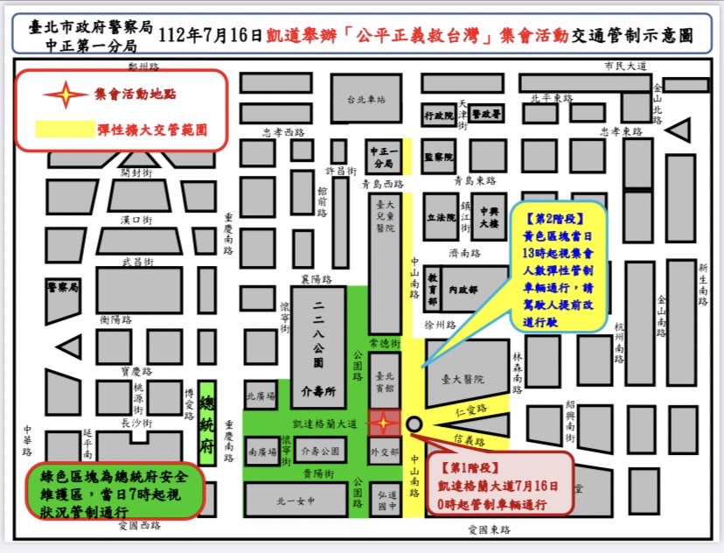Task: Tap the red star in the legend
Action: [66, 94]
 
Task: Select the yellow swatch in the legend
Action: [64, 129]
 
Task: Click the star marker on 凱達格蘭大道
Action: [382, 424]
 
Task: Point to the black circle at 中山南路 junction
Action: [414, 424]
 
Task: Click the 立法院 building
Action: [440, 217]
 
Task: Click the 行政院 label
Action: [438, 115]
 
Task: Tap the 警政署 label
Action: [484, 114]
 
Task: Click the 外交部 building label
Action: [384, 452]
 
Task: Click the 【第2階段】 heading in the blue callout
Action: [554, 214]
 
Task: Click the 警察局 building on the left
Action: [63, 286]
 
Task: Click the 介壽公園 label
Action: [318, 452]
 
